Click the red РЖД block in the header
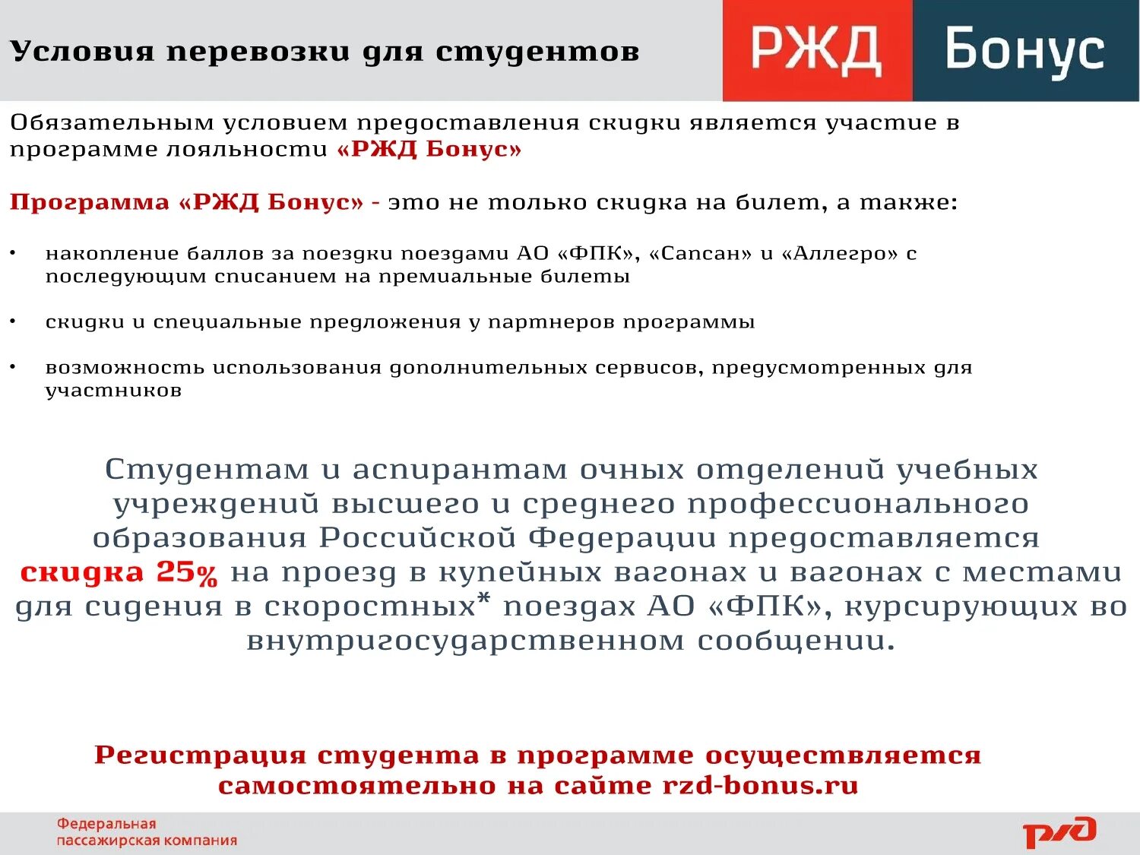click(x=817, y=50)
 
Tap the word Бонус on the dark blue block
click(x=1024, y=50)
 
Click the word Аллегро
click(x=839, y=253)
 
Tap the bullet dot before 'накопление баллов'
click(x=13, y=252)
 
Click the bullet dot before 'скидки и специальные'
click(x=13, y=321)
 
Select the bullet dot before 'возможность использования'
click(x=13, y=366)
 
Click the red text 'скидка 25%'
click(x=119, y=572)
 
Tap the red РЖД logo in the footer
click(x=1059, y=832)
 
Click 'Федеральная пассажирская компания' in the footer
click(x=147, y=832)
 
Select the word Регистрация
click(x=201, y=755)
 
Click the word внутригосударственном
click(x=464, y=641)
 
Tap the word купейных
click(x=517, y=572)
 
